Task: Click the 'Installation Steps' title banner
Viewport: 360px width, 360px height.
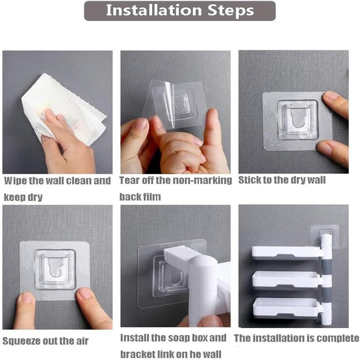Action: [x=179, y=11]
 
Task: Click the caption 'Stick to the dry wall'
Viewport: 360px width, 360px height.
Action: [x=282, y=181]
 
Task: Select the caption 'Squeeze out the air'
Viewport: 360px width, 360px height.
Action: [x=45, y=340]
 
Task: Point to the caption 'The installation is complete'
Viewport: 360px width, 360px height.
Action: [x=296, y=338]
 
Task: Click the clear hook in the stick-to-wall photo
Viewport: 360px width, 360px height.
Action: [x=297, y=119]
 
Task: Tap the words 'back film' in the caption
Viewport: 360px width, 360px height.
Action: [x=140, y=196]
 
